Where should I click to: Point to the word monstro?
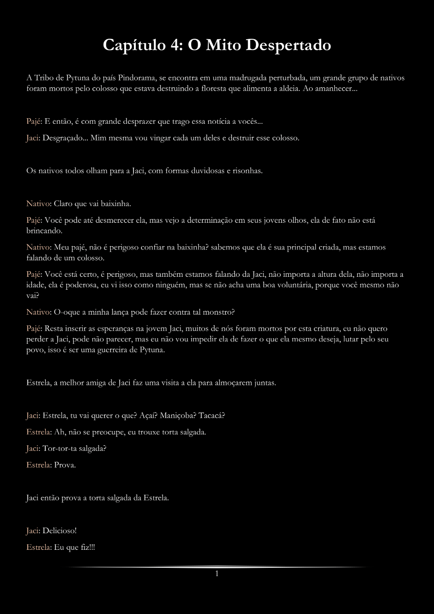[x=219, y=312]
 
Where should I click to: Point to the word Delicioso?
[x=59, y=531]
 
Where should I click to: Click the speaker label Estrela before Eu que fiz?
[x=38, y=547]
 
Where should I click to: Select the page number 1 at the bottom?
[x=217, y=574]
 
